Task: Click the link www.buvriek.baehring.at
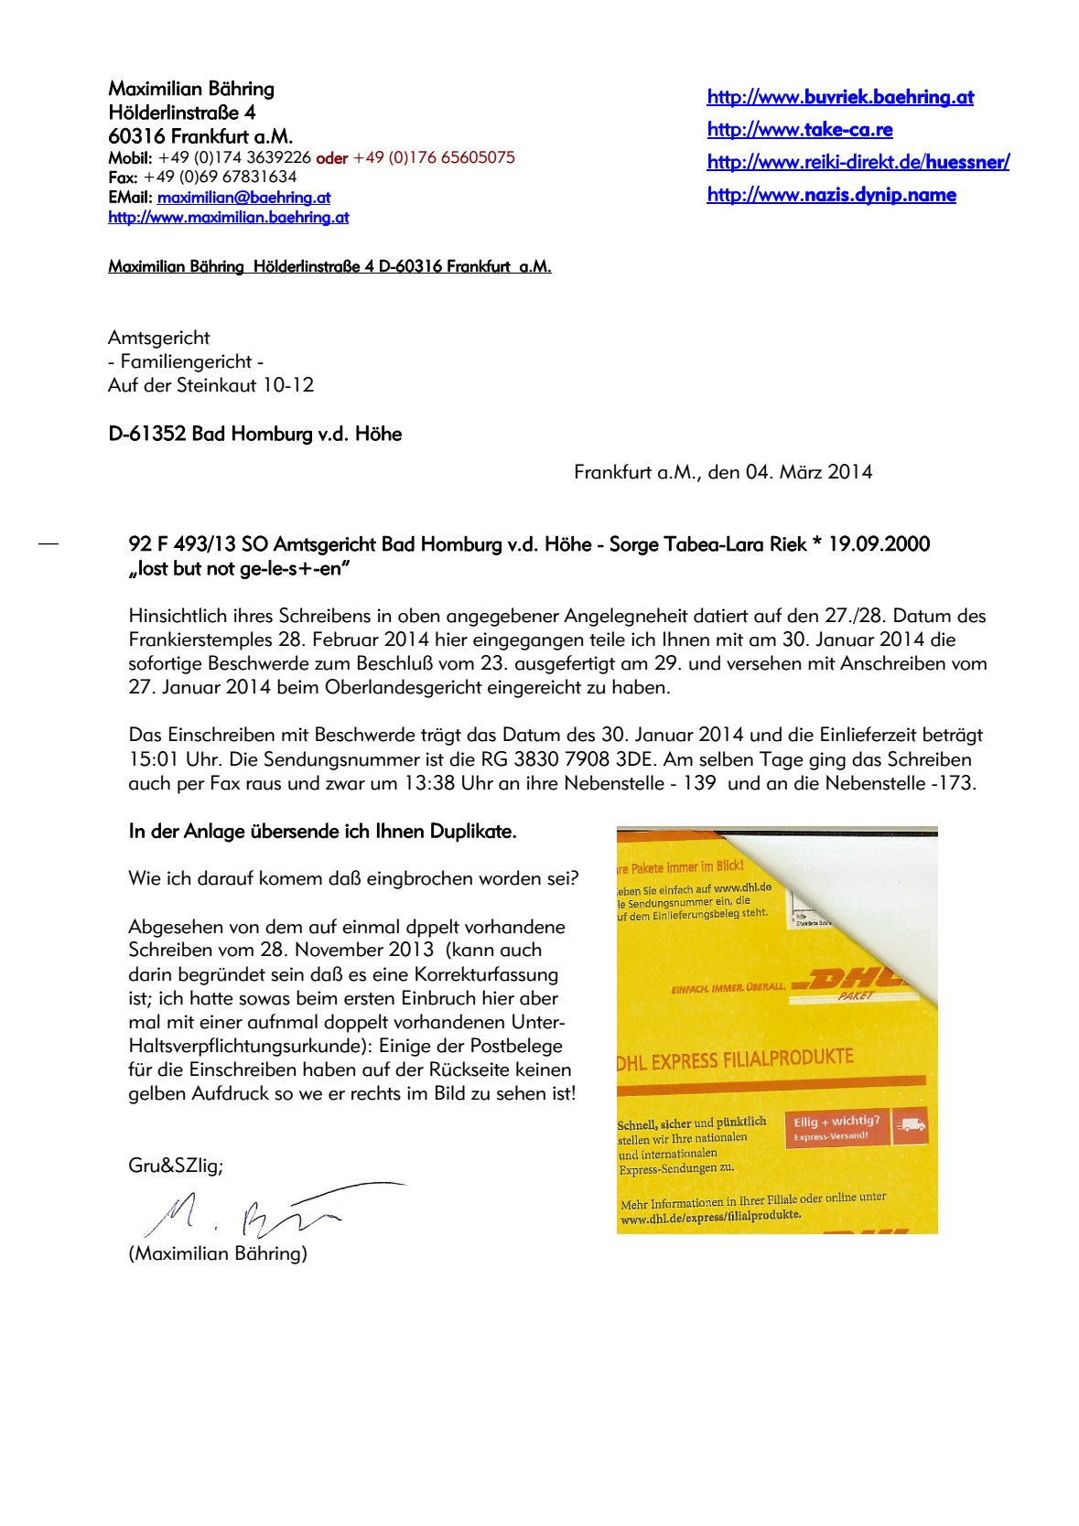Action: pyautogui.click(x=840, y=97)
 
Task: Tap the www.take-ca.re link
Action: pyautogui.click(x=800, y=130)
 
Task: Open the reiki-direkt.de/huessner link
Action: pyautogui.click(x=858, y=162)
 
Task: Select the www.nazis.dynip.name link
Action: pyautogui.click(x=831, y=195)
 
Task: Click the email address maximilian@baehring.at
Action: pyautogui.click(x=243, y=198)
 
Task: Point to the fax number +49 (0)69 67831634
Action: pyautogui.click(x=220, y=177)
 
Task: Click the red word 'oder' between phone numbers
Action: pyautogui.click(x=332, y=157)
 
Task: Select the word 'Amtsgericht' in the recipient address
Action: pyautogui.click(x=159, y=338)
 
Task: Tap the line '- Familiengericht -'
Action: pyautogui.click(x=186, y=361)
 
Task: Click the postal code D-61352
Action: pyautogui.click(x=147, y=434)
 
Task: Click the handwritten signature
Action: pyautogui.click(x=265, y=1209)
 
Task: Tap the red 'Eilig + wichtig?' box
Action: pyautogui.click(x=836, y=1128)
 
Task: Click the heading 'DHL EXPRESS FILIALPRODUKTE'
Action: pyautogui.click(x=735, y=1060)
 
